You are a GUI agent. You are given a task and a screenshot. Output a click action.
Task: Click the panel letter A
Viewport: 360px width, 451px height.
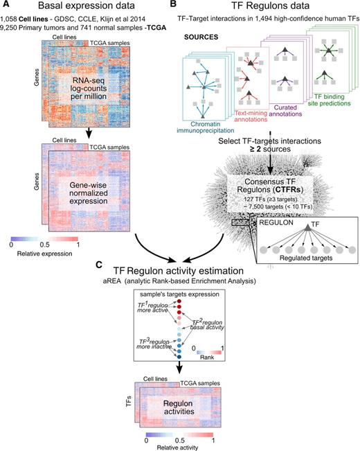click(6, 6)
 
